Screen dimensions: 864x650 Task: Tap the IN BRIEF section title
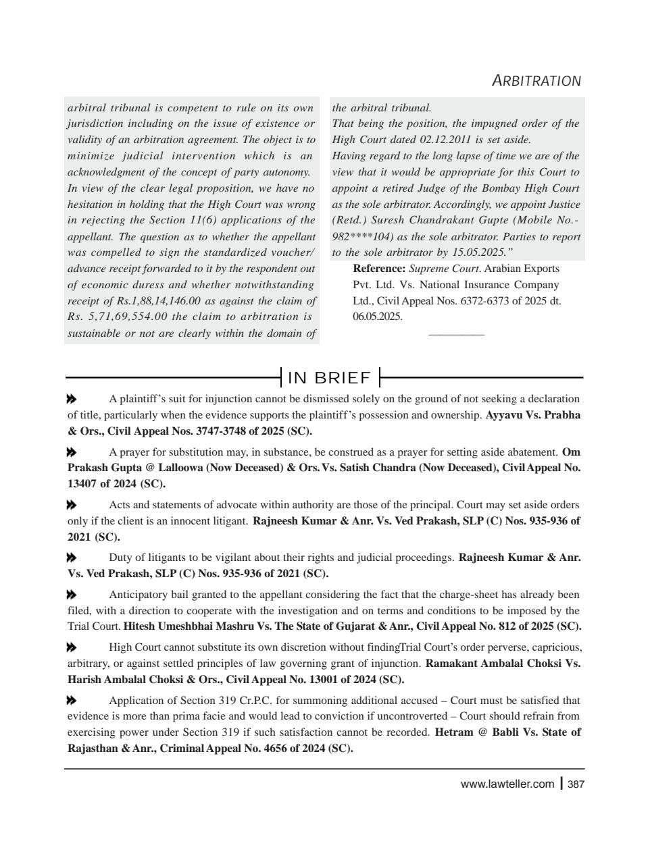coord(330,377)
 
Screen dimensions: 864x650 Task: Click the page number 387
coord(576,784)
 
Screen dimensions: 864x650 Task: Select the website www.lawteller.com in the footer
coord(507,784)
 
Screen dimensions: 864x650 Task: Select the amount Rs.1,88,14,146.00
coord(155,301)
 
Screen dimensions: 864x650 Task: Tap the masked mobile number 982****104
coord(362,237)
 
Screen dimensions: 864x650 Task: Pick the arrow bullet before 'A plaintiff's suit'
coord(72,399)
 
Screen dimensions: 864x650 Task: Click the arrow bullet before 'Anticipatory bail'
coord(72,595)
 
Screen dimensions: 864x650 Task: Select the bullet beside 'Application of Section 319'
coord(72,701)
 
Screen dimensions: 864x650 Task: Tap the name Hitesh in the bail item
coord(140,626)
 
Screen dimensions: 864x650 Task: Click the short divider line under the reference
coord(456,334)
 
